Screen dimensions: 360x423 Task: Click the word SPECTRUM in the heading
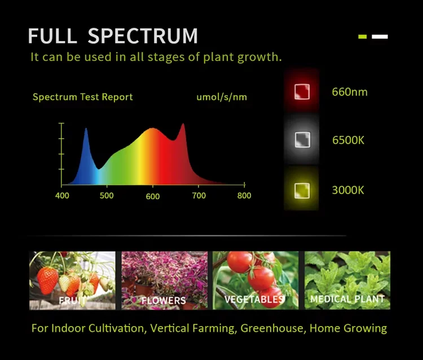click(143, 36)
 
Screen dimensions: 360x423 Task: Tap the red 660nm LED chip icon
click(302, 91)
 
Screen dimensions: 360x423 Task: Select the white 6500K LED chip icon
click(302, 139)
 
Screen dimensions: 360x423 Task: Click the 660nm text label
click(350, 91)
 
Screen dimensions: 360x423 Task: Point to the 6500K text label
click(348, 140)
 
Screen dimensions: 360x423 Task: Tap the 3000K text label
click(348, 190)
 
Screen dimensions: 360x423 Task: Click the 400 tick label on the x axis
click(62, 196)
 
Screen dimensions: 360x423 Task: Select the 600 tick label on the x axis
click(153, 196)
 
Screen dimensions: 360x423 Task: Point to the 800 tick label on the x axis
click(244, 196)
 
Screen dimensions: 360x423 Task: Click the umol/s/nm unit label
click(222, 97)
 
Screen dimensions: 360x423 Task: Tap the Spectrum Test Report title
click(83, 97)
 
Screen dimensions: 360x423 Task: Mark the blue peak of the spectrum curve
click(86, 130)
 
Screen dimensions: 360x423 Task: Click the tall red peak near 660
click(182, 125)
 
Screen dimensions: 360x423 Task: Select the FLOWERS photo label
click(164, 301)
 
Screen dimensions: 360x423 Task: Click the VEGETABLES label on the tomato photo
click(254, 299)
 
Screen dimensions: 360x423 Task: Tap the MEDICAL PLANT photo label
click(347, 298)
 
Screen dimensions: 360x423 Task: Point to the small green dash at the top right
click(363, 37)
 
